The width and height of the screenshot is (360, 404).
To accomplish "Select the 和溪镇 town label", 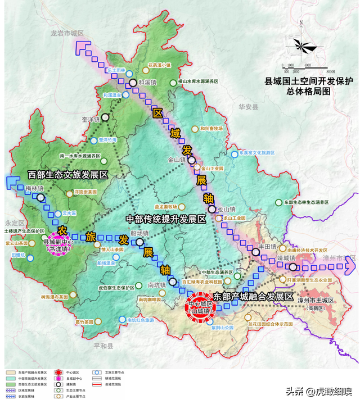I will click(x=147, y=82).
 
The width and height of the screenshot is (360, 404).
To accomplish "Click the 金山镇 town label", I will click(x=179, y=160).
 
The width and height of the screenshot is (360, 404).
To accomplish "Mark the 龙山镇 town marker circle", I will click(x=211, y=210).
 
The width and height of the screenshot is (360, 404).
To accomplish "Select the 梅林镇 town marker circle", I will click(x=40, y=197).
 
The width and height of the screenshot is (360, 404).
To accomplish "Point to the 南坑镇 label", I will click(x=156, y=285).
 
